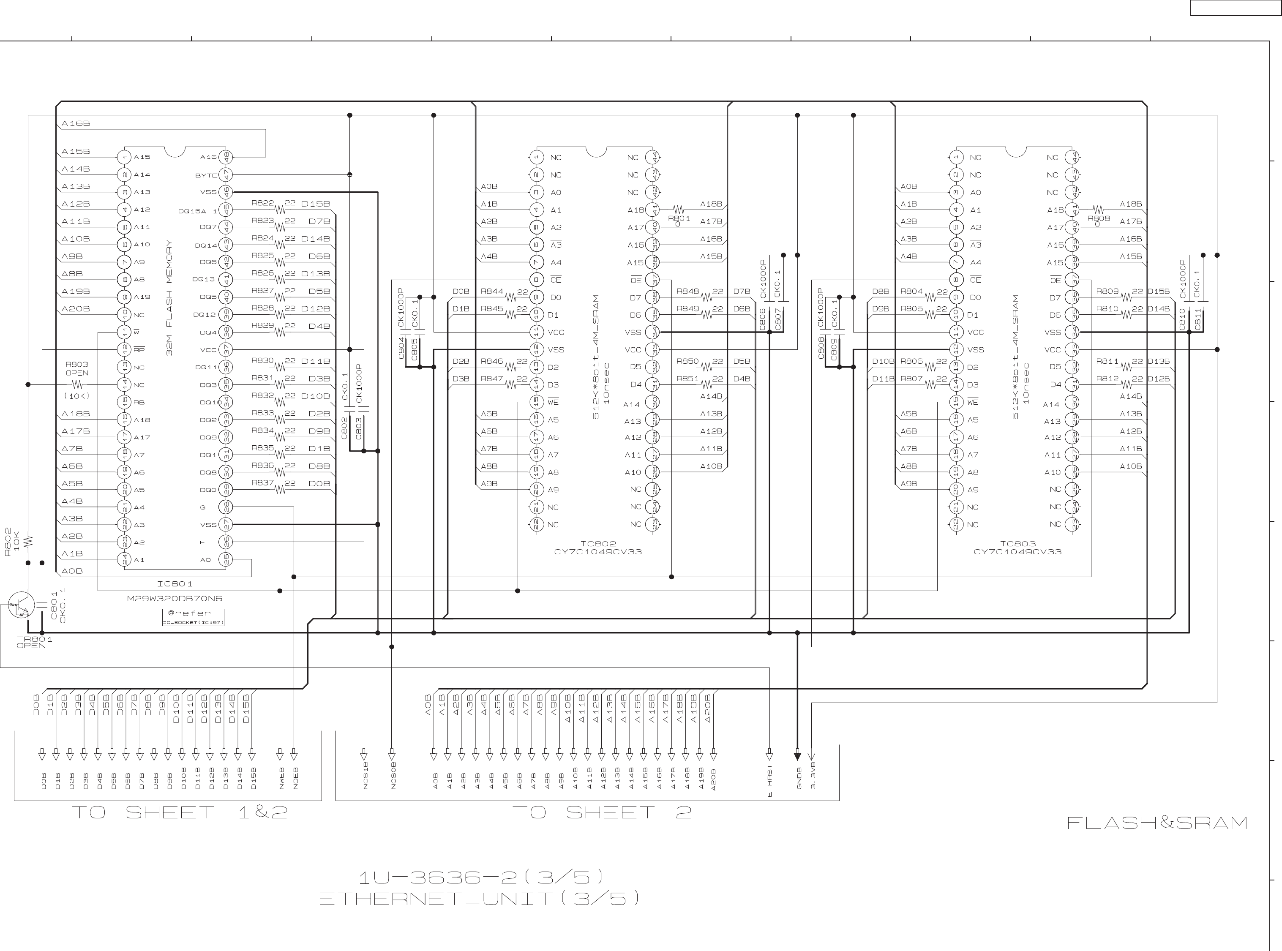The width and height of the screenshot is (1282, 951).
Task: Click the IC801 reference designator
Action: point(175,584)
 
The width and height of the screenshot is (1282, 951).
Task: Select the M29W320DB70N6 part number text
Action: point(175,598)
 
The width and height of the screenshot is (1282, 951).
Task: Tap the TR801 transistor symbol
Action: point(21,605)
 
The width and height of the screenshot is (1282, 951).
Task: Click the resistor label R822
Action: point(262,203)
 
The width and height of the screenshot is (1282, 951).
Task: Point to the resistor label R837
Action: point(262,482)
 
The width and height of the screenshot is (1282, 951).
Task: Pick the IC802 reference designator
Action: point(598,543)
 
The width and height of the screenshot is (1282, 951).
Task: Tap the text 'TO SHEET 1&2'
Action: point(179,812)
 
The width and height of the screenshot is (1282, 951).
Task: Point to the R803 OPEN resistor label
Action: point(76,368)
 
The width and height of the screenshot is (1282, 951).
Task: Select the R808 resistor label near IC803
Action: point(1098,219)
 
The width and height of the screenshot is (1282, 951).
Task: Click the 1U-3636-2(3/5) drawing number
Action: point(481,877)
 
